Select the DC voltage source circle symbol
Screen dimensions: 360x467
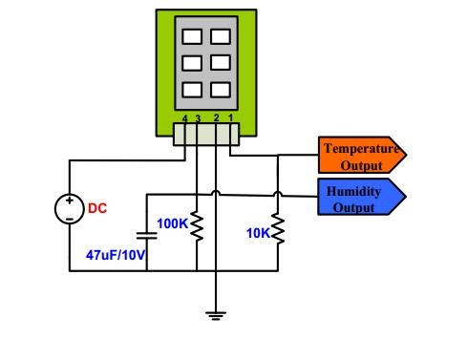pos(70,208)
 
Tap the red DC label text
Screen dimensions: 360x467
pos(98,207)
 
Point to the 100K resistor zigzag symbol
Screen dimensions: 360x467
pos(197,227)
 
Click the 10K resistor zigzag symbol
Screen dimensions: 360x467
pos(277,229)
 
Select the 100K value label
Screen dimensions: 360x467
pos(173,223)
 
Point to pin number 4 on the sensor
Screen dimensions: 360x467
pos(184,117)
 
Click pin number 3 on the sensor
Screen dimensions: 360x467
pos(197,117)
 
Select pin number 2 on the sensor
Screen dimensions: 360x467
pos(216,117)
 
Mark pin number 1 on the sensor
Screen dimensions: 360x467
pos(229,117)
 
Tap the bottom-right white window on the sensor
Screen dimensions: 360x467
pos(221,92)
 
